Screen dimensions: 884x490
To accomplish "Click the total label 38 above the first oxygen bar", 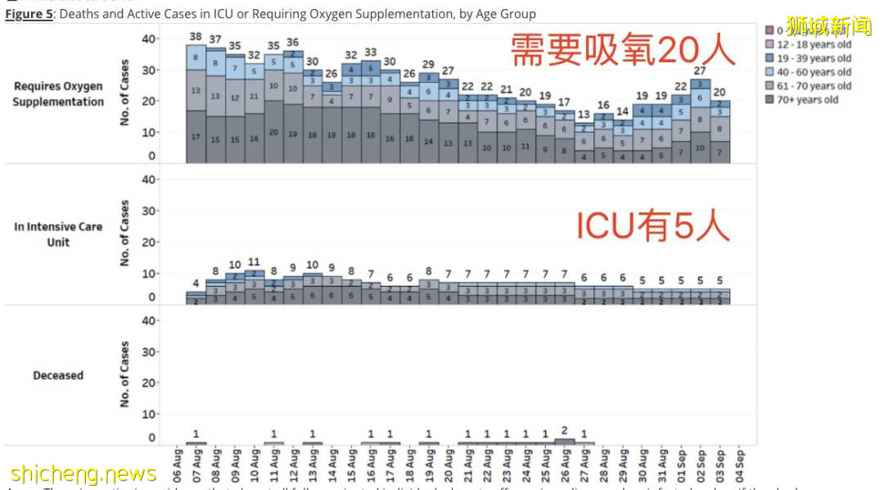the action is [196, 37].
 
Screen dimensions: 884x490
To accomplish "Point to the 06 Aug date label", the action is [176, 465].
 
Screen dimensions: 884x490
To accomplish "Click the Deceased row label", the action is [58, 375].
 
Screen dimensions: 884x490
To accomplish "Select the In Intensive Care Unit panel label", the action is [58, 234].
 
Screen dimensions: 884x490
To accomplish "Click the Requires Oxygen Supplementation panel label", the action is [58, 94].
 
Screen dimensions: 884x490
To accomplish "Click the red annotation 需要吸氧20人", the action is [623, 50].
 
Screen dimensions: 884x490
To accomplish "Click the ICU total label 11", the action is [254, 263].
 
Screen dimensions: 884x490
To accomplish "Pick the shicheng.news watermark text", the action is [83, 474].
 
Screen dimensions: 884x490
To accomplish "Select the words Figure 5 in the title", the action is [29, 14].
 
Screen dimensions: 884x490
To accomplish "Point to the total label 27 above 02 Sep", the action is [701, 71].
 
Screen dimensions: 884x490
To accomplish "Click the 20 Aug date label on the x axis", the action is [449, 465].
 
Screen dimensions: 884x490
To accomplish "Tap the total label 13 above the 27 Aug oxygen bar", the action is [584, 115].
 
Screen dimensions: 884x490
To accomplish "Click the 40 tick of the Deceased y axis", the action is [148, 320].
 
